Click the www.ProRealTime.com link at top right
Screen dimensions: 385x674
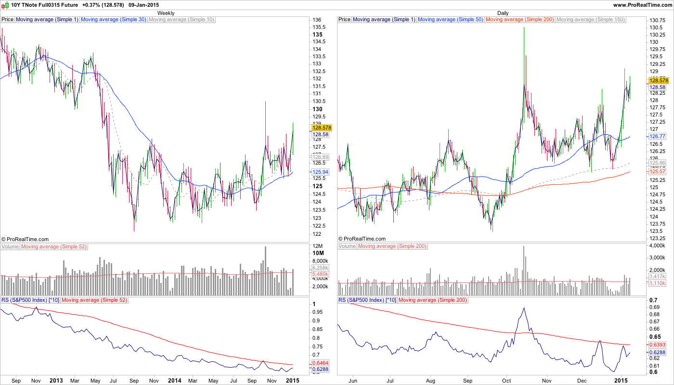point(642,5)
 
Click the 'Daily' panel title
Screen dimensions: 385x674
point(503,13)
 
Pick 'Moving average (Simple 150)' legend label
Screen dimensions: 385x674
point(590,20)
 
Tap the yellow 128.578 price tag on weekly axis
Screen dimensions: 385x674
point(320,128)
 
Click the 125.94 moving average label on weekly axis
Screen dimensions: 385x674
point(320,172)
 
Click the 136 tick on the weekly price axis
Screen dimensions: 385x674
point(317,20)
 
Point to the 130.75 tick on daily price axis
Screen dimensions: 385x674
point(657,20)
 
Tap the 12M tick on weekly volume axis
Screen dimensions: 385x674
point(318,246)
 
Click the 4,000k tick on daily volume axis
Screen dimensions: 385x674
point(658,246)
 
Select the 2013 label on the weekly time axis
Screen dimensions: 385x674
point(56,380)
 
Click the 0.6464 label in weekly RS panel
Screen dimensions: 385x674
point(320,362)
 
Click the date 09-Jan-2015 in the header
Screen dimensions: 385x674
point(145,5)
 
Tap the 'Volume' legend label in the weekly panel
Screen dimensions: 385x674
point(10,246)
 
